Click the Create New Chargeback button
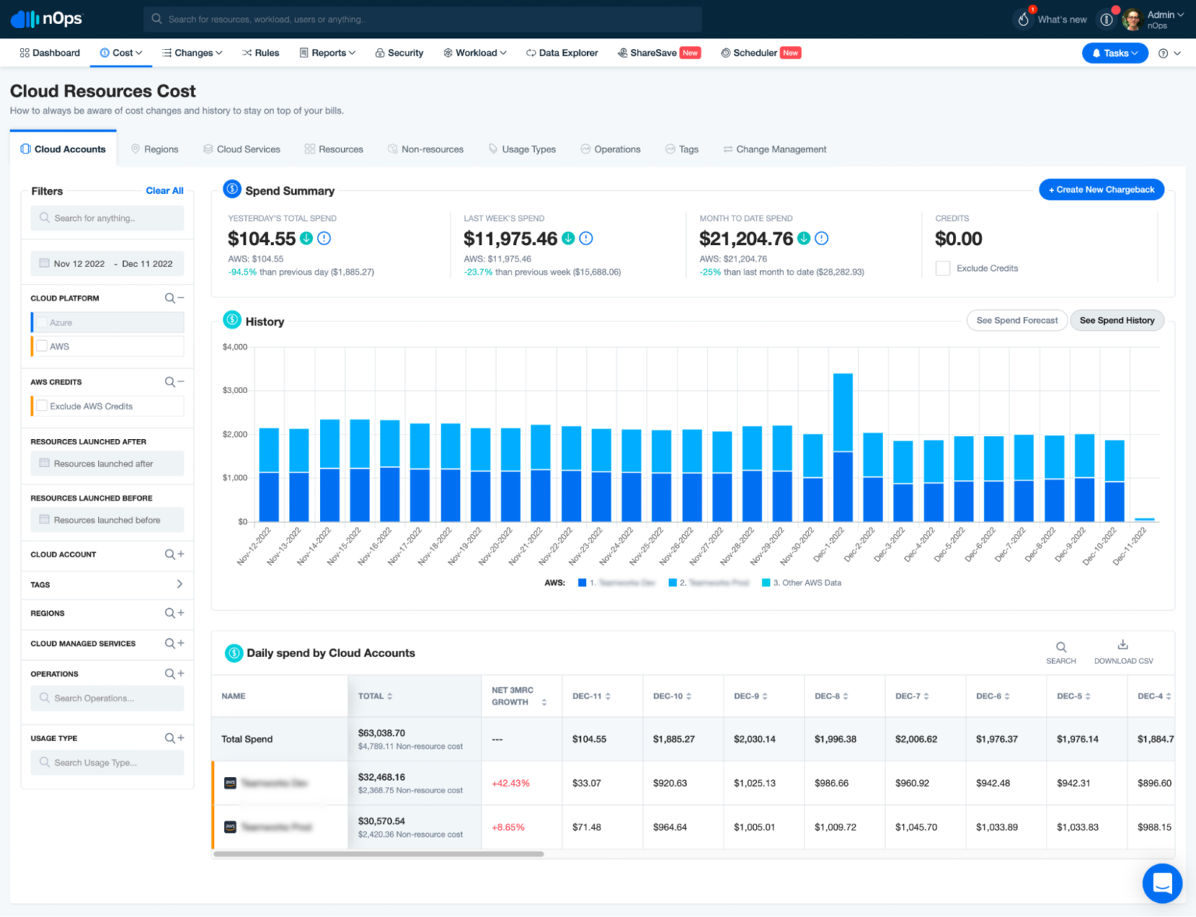1101,190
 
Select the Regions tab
155,149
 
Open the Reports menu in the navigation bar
328,53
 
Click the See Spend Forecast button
1016,321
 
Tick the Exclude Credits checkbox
943,269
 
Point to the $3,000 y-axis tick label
234,391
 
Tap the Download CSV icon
1123,645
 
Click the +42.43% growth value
511,783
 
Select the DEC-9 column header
746,697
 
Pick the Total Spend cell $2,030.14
754,740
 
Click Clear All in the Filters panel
164,191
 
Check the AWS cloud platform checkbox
42,346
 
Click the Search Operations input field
107,698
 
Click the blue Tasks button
1114,53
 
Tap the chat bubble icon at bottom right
1162,884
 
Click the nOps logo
47,19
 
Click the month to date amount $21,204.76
745,239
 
